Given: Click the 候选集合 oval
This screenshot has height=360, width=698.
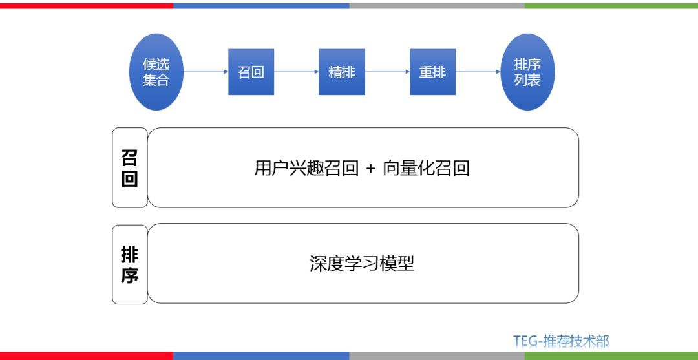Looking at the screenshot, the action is pyautogui.click(x=156, y=72).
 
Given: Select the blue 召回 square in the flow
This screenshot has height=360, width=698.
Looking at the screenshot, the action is pyautogui.click(x=251, y=72).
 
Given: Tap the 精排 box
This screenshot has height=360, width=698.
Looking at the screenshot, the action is pyautogui.click(x=342, y=72).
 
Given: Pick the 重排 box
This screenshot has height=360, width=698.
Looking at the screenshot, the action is pyautogui.click(x=432, y=72).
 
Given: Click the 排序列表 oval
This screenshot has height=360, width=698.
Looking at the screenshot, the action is pyautogui.click(x=528, y=72).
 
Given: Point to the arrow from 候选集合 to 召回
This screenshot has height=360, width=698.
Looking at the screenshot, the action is pyautogui.click(x=206, y=72).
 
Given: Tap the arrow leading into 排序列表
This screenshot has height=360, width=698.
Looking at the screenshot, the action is pyautogui.click(x=478, y=72).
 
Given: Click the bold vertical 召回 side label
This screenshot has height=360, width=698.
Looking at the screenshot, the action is pyautogui.click(x=130, y=168).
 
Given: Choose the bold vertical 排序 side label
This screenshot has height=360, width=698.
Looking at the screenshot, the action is pyautogui.click(x=130, y=264).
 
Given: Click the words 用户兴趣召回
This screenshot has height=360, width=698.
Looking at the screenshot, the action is pyautogui.click(x=306, y=168).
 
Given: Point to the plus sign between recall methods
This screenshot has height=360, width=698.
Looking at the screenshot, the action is pyautogui.click(x=370, y=169).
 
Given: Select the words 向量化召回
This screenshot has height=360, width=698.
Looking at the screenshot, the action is pyautogui.click(x=426, y=168).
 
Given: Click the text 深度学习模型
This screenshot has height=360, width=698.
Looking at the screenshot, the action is pyautogui.click(x=362, y=264).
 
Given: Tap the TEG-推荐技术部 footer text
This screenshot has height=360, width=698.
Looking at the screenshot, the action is pyautogui.click(x=561, y=341).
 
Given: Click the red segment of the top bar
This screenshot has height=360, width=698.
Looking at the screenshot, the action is pyautogui.click(x=87, y=5).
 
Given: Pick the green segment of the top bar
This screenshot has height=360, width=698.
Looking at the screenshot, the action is pyautogui.click(x=611, y=5).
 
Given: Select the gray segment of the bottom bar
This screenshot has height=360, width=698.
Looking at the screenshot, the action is pyautogui.click(x=437, y=356).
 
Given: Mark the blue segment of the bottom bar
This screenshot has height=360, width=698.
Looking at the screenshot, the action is pyautogui.click(x=261, y=356).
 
